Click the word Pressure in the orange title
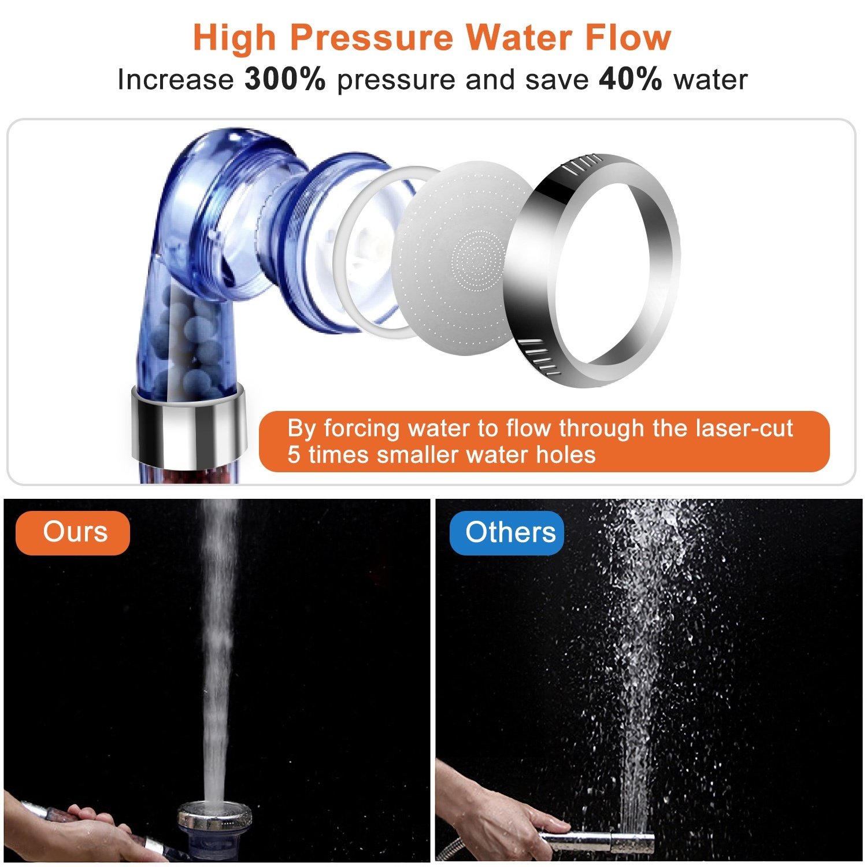point(372,38)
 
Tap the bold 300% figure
point(285,79)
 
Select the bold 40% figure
point(630,79)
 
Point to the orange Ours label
point(73,532)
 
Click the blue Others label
point(507,532)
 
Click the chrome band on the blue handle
point(188,425)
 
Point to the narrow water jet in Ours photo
point(218,636)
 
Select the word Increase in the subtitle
point(175,80)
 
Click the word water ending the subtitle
point(710,80)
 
